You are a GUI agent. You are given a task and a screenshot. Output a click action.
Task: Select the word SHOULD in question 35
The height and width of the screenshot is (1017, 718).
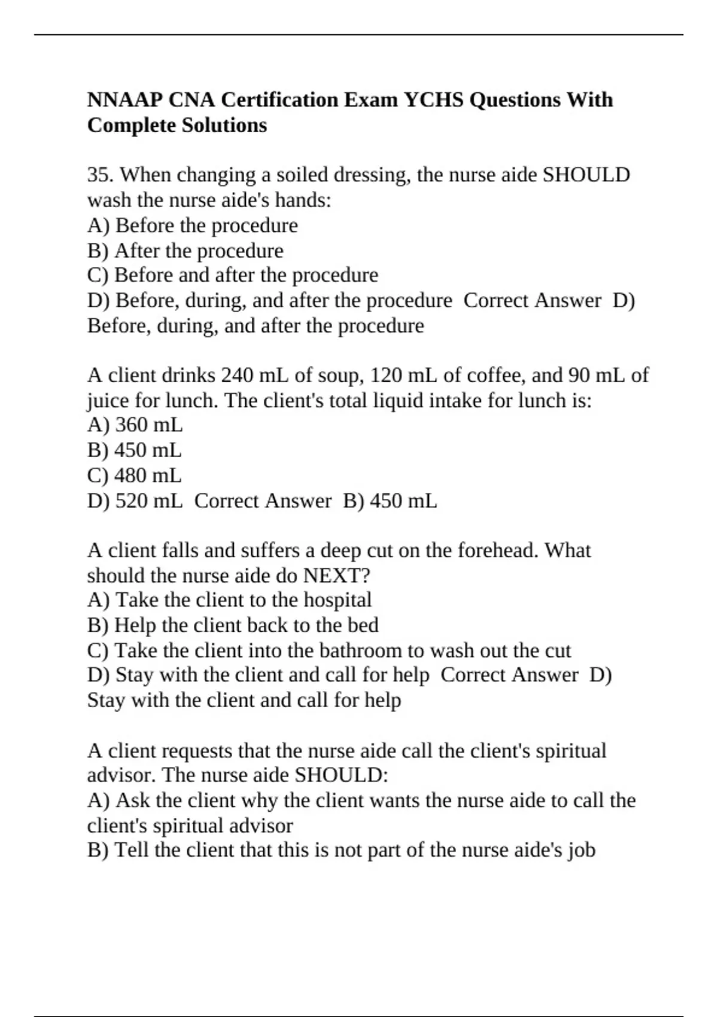click(x=586, y=175)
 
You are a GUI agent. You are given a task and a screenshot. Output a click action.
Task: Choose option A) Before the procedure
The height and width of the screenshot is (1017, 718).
click(x=192, y=226)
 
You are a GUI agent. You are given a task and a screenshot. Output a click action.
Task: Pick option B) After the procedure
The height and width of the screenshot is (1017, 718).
click(x=185, y=251)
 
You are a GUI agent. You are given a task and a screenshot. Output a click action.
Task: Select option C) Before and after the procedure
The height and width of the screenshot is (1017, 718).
click(x=232, y=275)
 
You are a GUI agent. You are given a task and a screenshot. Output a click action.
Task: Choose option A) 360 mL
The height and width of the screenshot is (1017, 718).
click(x=135, y=425)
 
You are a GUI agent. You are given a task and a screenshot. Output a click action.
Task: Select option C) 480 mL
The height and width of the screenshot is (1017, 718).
click(x=134, y=476)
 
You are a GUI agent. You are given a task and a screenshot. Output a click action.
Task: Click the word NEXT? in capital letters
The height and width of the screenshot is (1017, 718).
click(x=337, y=576)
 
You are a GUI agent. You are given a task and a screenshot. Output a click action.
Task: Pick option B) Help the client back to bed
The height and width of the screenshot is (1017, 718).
click(x=232, y=625)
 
